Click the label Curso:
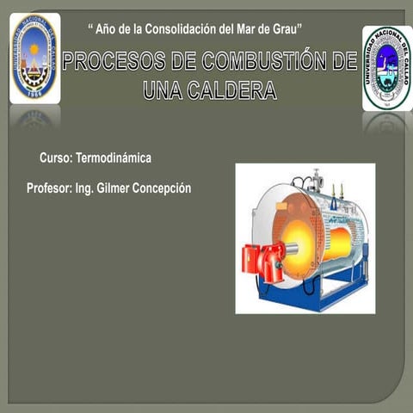[56, 158]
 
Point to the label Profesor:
[49, 188]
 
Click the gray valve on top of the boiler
[316, 182]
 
